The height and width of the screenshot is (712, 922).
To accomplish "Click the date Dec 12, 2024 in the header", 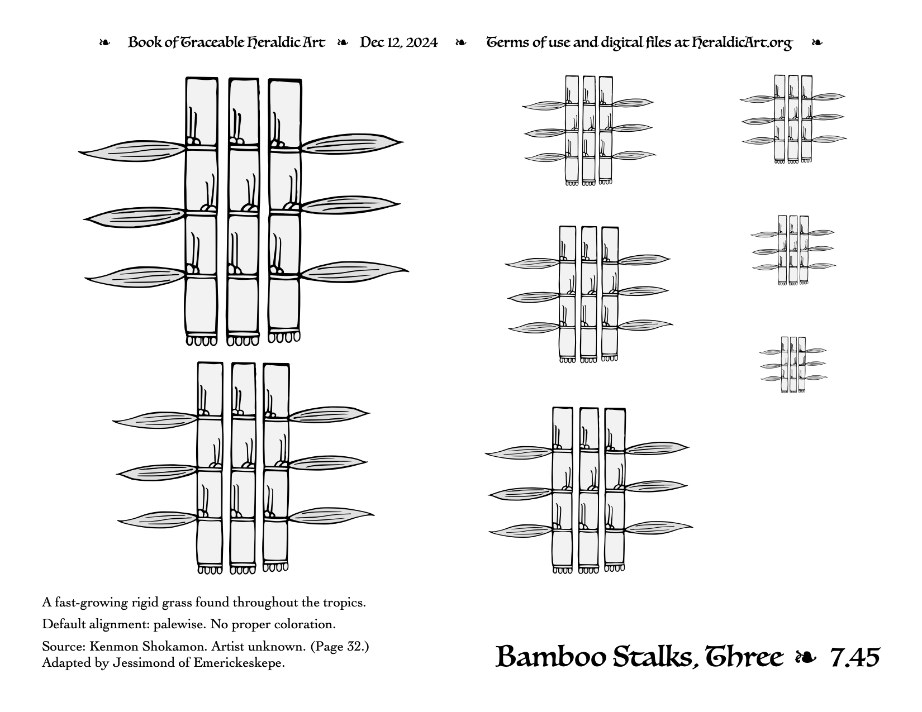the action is (x=398, y=42).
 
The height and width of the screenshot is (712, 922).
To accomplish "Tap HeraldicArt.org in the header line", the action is (x=742, y=43).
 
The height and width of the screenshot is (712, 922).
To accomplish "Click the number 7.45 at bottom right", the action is (x=854, y=658).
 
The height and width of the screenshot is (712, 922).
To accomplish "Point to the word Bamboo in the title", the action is (x=552, y=657).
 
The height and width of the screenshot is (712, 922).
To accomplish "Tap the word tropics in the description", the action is (x=343, y=603).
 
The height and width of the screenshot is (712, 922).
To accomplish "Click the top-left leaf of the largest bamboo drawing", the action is (x=132, y=151).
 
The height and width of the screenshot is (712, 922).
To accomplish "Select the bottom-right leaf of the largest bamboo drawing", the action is (x=354, y=272).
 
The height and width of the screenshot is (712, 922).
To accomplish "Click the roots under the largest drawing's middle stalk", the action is (x=243, y=341).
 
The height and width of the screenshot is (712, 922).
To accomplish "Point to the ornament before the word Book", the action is (x=104, y=43).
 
